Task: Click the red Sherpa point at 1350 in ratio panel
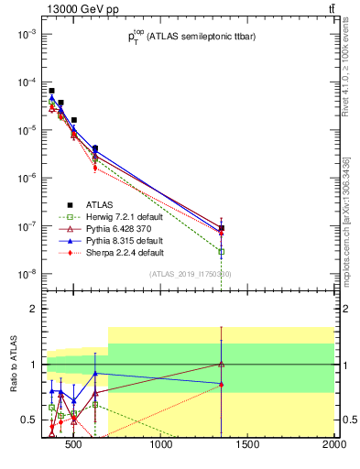click(x=221, y=385)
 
